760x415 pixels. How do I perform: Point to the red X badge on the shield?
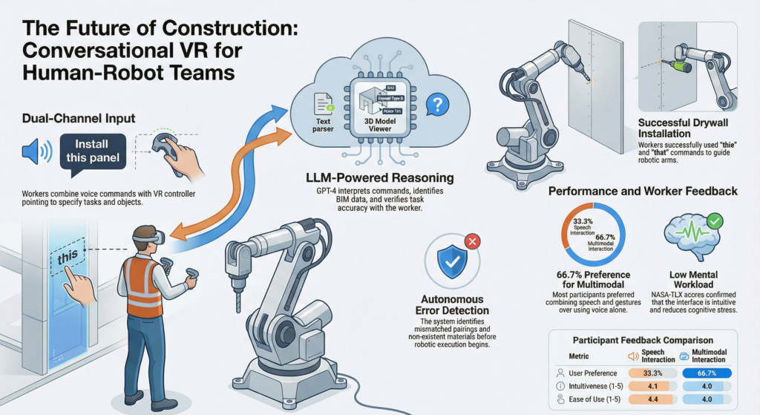471,241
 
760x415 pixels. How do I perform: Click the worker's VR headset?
151,238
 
